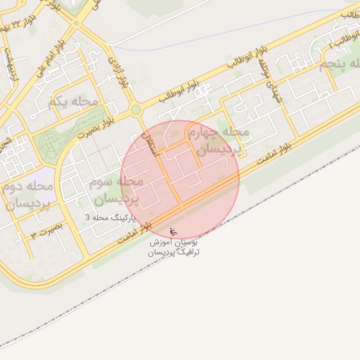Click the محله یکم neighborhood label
(x=73, y=102)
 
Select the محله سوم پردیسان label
(x=116, y=189)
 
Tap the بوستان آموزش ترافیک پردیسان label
(x=174, y=246)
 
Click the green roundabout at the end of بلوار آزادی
(x=135, y=110)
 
